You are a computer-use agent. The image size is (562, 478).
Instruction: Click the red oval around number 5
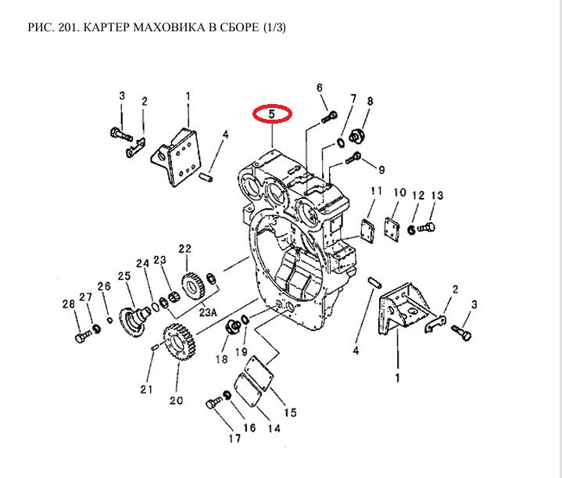tap(272, 114)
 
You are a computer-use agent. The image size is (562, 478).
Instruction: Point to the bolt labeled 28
tap(81, 337)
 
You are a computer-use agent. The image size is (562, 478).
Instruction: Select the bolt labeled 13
tap(426, 228)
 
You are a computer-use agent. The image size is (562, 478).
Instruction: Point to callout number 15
tap(289, 412)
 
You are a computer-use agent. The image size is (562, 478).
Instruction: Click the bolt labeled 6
tap(328, 118)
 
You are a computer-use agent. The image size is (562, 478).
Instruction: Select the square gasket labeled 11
tap(365, 228)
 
